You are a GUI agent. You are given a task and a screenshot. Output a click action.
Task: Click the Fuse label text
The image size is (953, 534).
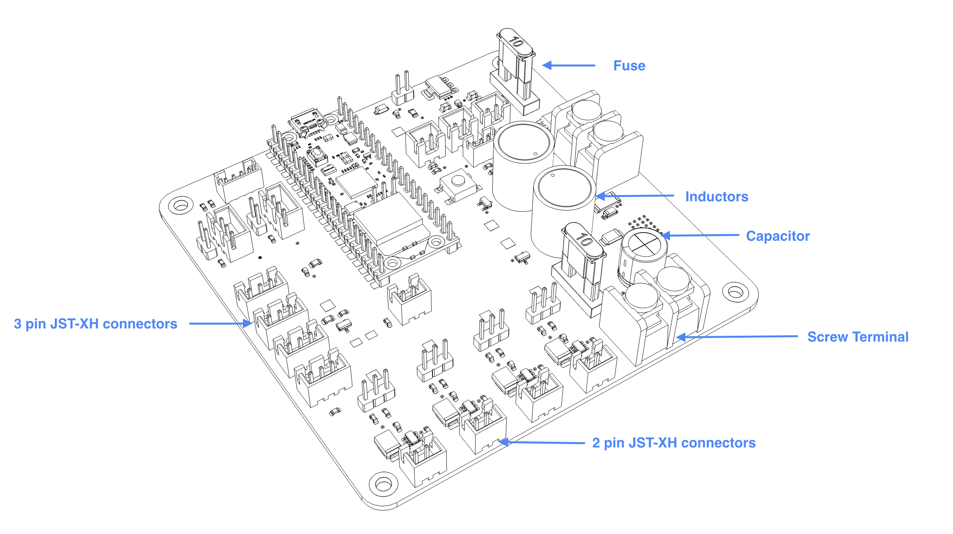(x=629, y=66)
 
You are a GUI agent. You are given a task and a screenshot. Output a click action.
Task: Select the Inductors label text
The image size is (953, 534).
(x=716, y=197)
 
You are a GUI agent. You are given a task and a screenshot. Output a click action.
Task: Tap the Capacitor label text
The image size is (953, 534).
(x=777, y=236)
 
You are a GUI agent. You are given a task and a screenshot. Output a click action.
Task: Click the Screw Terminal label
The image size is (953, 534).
(x=858, y=337)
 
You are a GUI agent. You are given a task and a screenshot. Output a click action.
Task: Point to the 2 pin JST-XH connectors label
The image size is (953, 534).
(x=673, y=443)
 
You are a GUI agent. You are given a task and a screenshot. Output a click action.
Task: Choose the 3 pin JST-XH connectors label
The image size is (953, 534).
(x=95, y=324)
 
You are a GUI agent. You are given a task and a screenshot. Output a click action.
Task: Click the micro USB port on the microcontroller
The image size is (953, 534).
(x=307, y=119)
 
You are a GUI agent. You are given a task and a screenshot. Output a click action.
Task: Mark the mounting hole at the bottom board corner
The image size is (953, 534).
(x=383, y=484)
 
